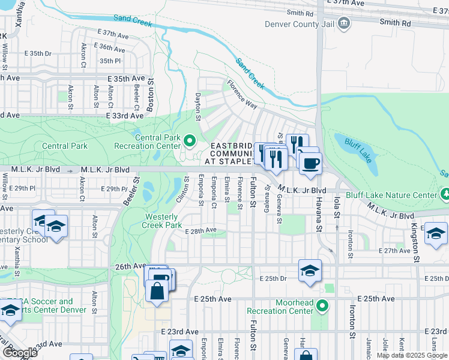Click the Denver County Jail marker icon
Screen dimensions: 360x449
point(344,24)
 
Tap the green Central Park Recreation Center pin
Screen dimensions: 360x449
point(190,142)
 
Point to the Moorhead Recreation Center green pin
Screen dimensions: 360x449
point(322,307)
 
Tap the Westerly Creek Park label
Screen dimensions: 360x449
point(161,221)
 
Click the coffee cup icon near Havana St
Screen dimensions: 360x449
point(310,164)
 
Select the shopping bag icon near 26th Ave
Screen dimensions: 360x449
point(157,290)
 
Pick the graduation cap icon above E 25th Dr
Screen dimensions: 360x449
point(310,271)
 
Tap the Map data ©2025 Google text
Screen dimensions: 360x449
point(412,355)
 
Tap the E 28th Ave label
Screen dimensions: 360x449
point(200,230)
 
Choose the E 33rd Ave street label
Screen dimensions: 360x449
point(125,115)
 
